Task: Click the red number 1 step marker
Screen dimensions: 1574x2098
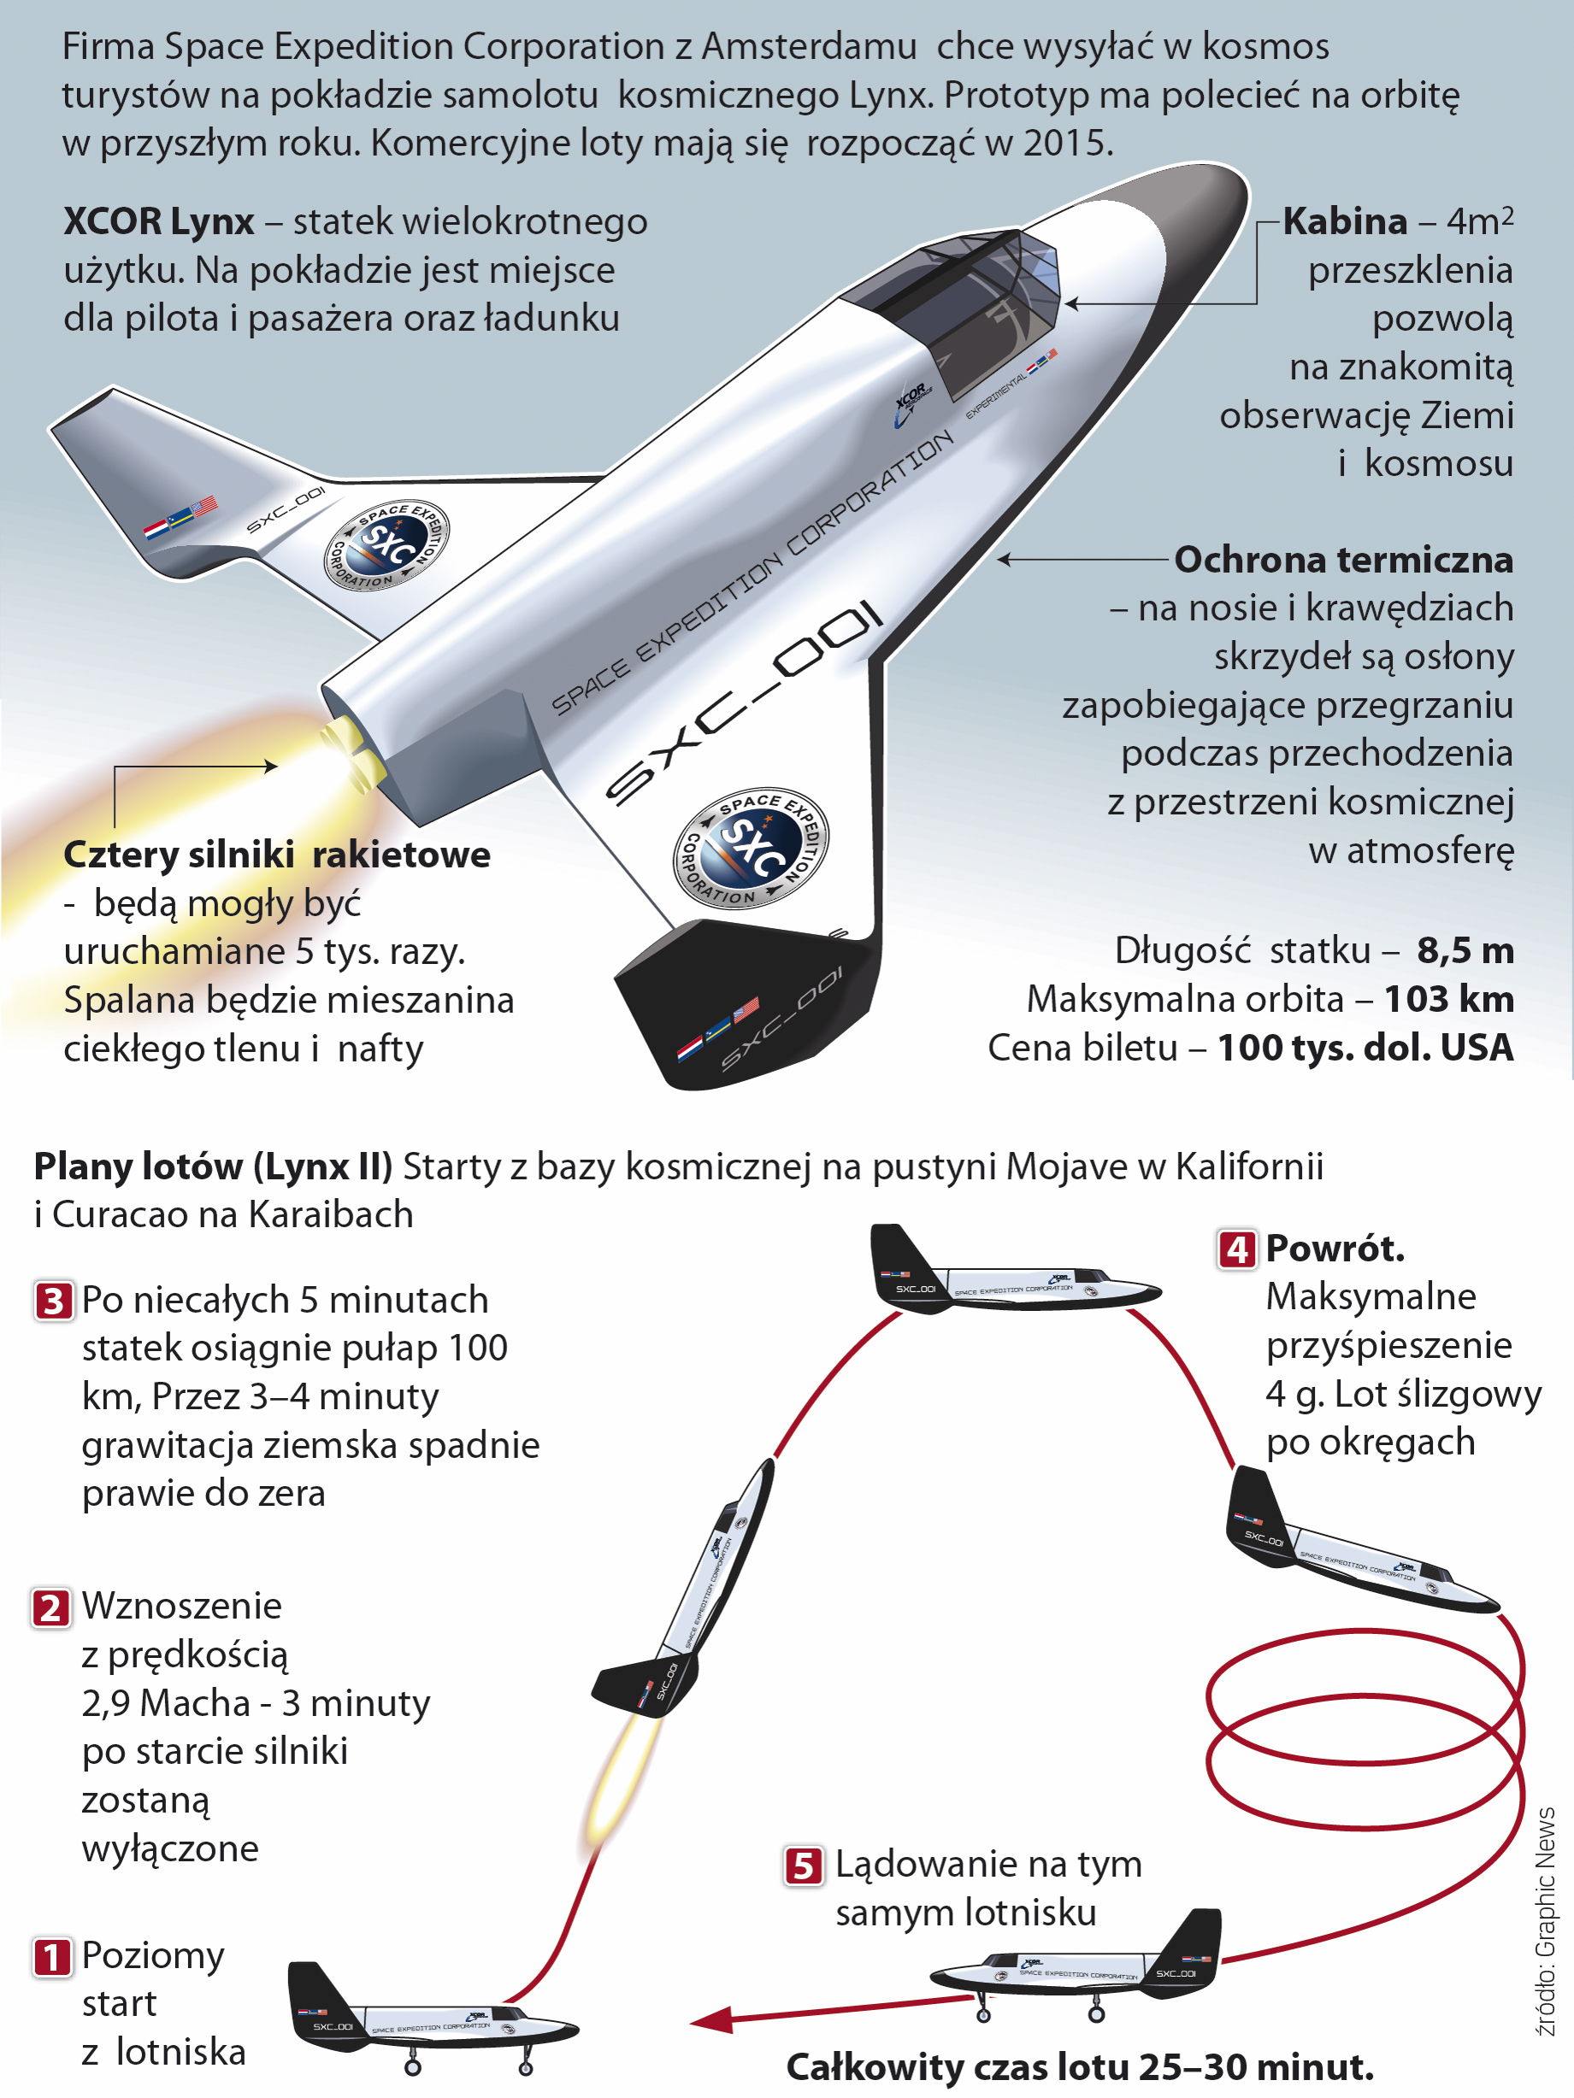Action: [52, 1957]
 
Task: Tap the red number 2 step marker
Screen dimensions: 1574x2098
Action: [51, 1607]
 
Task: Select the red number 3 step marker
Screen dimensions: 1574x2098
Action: [53, 1302]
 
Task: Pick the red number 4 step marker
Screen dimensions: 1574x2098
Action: [1237, 1250]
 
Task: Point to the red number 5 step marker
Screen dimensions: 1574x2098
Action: [804, 1866]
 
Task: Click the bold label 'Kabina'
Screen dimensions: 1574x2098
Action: [1346, 222]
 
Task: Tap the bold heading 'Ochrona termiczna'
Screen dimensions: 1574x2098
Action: [1344, 561]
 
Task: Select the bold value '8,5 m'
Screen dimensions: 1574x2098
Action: [1465, 951]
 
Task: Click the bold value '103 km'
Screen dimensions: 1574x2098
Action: [1449, 1000]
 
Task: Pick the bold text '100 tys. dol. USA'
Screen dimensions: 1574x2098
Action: [1366, 1048]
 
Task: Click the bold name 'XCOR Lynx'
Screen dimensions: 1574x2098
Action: [158, 223]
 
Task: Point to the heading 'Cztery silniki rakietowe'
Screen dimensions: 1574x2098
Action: [277, 855]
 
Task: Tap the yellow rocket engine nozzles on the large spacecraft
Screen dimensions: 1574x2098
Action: [353, 750]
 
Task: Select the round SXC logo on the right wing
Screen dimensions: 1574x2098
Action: [751, 848]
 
